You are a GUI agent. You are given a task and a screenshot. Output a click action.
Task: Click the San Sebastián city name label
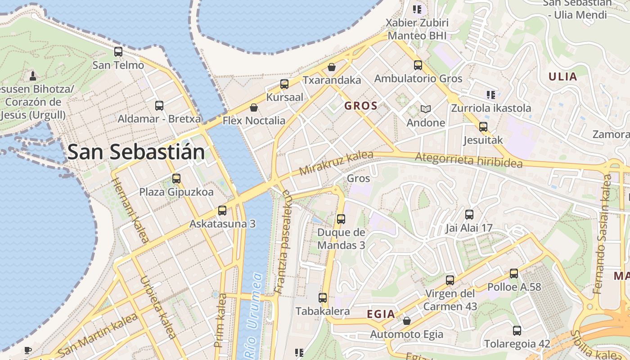tap(136, 152)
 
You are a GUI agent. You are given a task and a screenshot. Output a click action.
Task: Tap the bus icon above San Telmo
tap(118, 52)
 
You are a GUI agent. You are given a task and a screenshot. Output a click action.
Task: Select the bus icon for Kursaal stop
tap(284, 84)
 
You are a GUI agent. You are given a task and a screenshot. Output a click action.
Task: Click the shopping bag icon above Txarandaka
tap(332, 67)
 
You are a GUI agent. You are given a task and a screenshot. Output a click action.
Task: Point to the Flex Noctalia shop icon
tap(254, 108)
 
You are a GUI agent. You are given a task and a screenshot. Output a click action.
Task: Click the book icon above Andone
tap(425, 109)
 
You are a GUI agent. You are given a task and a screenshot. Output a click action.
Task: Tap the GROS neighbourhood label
tap(360, 106)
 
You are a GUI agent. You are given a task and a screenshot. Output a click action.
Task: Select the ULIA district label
tap(562, 76)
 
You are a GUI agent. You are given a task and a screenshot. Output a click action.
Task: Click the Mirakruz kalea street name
tap(336, 163)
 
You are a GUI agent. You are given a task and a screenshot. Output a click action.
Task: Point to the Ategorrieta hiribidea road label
tap(468, 160)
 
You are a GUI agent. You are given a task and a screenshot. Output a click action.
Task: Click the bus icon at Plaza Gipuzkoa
tap(176, 179)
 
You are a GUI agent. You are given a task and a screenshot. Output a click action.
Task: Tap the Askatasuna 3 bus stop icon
tap(222, 210)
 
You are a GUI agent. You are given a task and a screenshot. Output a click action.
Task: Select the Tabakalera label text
tap(322, 311)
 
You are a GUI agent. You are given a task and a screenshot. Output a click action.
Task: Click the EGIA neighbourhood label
tap(381, 314)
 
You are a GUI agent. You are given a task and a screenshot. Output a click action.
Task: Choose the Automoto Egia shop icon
tap(406, 321)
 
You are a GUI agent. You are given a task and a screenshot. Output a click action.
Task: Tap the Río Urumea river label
tap(253, 315)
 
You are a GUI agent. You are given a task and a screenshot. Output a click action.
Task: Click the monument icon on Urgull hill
tap(32, 75)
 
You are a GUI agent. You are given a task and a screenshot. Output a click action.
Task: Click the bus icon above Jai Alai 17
tap(469, 215)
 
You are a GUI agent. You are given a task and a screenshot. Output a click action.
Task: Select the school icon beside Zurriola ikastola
tap(490, 94)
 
